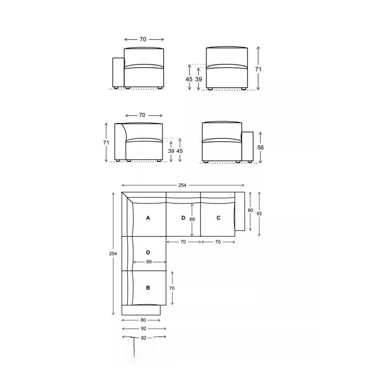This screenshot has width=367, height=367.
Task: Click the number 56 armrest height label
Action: pyautogui.click(x=260, y=147)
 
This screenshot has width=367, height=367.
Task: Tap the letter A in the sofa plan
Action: pyautogui.click(x=148, y=218)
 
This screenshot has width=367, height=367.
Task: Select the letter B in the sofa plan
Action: pyautogui.click(x=148, y=287)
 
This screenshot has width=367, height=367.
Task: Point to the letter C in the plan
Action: pyautogui.click(x=218, y=218)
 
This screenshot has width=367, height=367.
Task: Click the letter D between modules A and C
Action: pyautogui.click(x=183, y=218)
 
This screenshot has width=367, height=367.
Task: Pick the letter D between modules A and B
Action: pyautogui.click(x=148, y=252)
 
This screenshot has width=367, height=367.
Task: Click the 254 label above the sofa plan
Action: pyautogui.click(x=182, y=185)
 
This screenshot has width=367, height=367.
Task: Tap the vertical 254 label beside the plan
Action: pyautogui.click(x=113, y=254)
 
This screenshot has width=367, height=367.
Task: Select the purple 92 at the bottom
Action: pyautogui.click(x=144, y=338)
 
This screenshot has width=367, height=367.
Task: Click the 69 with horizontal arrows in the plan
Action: pyautogui.click(x=149, y=262)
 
